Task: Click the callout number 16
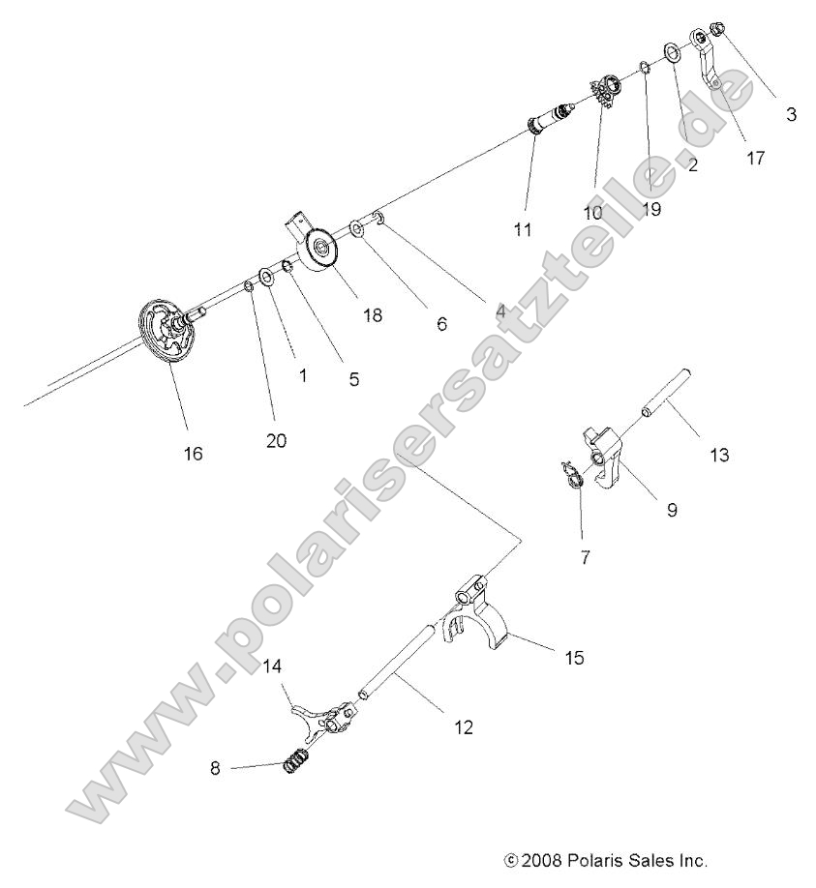coord(194,453)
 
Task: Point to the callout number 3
coord(791,114)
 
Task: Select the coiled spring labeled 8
coord(294,764)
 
